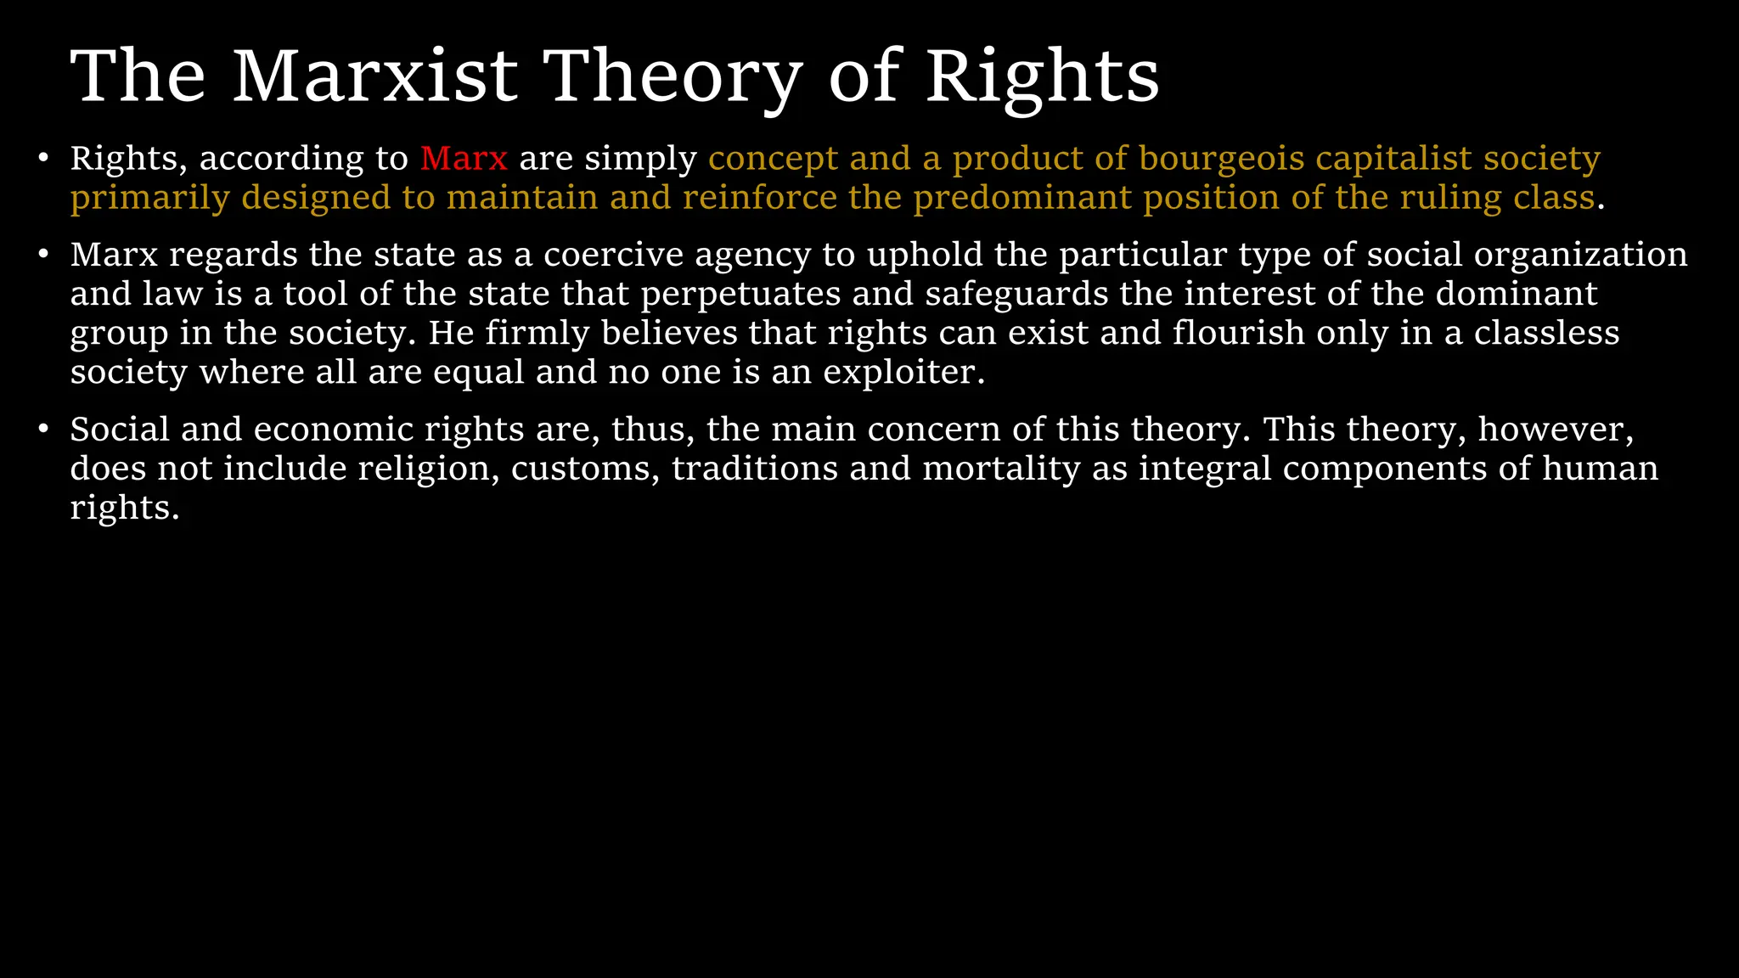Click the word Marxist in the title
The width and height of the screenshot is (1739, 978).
tap(374, 76)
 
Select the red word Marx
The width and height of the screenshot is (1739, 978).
tap(464, 159)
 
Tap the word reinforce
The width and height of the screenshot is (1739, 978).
tap(760, 198)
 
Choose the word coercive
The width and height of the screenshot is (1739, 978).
tap(613, 255)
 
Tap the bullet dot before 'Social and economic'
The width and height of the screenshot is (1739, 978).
tap(43, 430)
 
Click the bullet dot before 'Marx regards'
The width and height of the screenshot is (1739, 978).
tap(43, 255)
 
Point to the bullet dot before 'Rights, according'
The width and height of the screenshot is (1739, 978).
tap(43, 159)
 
